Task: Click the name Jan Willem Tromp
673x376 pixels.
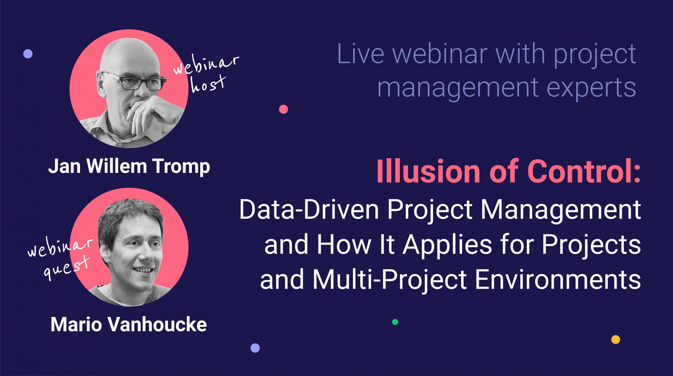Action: (129, 167)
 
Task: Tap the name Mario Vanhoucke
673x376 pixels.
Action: (129, 325)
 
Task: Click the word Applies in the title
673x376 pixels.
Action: (447, 245)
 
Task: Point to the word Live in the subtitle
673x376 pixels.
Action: (360, 54)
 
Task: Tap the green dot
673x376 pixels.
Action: (395, 322)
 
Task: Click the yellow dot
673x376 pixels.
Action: (615, 339)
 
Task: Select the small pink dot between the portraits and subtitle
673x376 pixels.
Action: (283, 109)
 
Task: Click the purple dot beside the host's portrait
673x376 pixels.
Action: (28, 54)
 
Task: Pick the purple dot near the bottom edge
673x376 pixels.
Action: (255, 348)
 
